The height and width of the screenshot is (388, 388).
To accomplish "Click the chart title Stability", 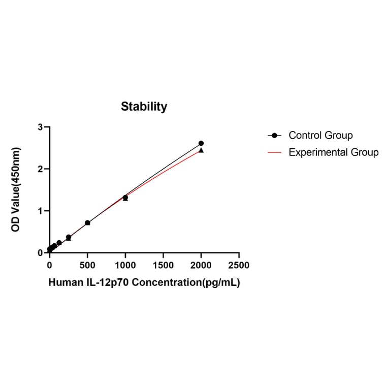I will pos(144,107).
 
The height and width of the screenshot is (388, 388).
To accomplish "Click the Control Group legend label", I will pos(320,136).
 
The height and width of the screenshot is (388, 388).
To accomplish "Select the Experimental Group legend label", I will pos(333,152).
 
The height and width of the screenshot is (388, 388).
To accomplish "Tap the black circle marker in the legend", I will pos(275,136).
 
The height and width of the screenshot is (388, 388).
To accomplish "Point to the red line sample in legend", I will pos(275,152).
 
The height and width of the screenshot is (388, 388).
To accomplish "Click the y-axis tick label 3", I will pos(40,127).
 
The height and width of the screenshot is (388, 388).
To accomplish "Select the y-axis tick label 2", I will pos(40,169).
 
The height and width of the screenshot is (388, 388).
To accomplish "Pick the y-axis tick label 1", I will pos(40,211).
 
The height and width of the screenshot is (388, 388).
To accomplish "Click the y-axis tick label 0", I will pos(40,253).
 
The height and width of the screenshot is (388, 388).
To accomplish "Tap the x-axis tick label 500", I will pos(87,265).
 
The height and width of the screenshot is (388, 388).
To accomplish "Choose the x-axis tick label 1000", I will pos(125,265).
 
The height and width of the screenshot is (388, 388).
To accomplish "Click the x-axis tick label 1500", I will pos(163,265).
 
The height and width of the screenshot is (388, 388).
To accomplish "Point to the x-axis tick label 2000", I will pos(201,265).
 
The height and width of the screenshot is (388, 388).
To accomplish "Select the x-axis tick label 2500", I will pos(239,265).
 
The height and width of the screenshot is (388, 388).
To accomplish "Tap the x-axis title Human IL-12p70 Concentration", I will pos(144,283).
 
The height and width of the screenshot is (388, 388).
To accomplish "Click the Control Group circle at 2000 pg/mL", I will pos(201,143).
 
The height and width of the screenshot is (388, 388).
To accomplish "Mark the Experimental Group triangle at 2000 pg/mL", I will pos(201,150).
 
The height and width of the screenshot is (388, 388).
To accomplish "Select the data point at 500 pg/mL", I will pos(87,223).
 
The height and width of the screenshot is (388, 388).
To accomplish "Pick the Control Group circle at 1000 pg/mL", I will pos(125,197).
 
